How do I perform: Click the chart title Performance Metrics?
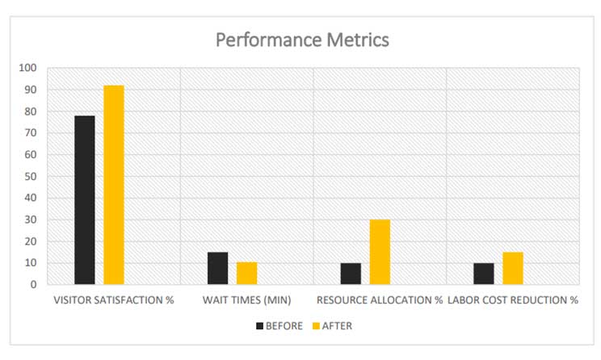pos(300,40)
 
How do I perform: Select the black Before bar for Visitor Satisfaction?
pos(85,200)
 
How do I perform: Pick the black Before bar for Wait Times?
pos(218,268)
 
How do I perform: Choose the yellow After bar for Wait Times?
pos(247,273)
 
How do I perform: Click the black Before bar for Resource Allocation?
pos(351,274)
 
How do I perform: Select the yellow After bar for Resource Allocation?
pos(380,252)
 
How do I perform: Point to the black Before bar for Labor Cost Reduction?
pos(483,274)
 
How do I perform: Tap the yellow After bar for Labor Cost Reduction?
pos(513,268)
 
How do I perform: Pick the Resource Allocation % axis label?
pos(380,300)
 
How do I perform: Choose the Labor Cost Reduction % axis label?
pos(512,300)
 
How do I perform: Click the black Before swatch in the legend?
pos(260,326)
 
